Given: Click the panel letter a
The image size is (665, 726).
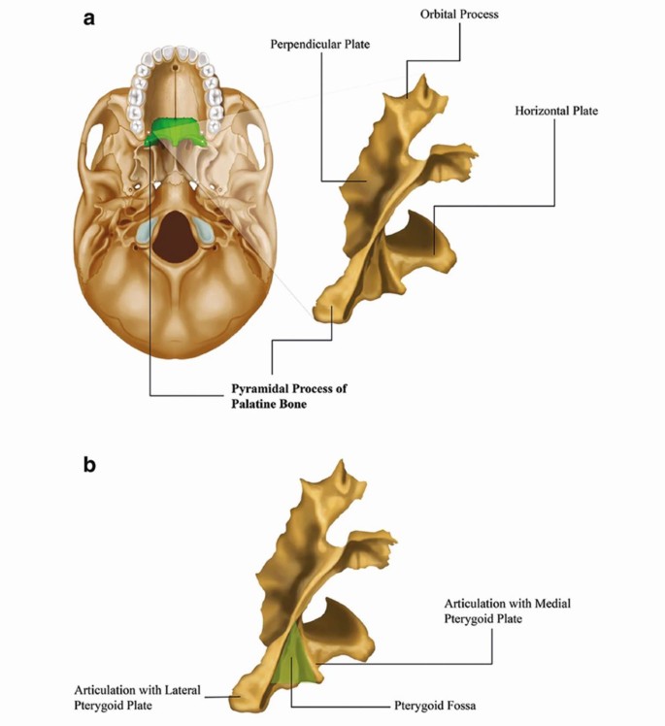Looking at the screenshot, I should click(x=89, y=16).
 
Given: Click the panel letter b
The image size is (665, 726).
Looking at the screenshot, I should click(x=89, y=465).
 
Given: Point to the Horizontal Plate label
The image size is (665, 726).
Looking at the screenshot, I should click(x=555, y=111).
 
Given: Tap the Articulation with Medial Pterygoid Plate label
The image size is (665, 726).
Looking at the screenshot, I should click(x=507, y=611).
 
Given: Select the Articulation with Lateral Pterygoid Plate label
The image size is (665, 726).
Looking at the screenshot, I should click(x=138, y=698).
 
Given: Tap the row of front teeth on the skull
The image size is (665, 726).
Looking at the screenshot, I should click(x=175, y=53).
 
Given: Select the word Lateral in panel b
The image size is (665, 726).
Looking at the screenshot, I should click(x=178, y=690).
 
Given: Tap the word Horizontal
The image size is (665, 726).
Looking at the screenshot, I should click(x=542, y=111).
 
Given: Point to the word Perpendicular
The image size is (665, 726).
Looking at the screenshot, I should click(x=303, y=45).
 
